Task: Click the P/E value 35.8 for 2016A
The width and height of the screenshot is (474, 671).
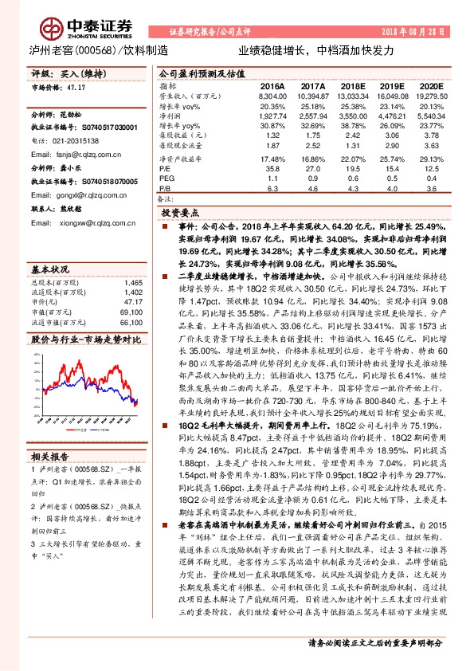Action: pyautogui.click(x=275, y=169)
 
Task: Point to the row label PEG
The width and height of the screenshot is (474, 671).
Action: pyautogui.click(x=166, y=179)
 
